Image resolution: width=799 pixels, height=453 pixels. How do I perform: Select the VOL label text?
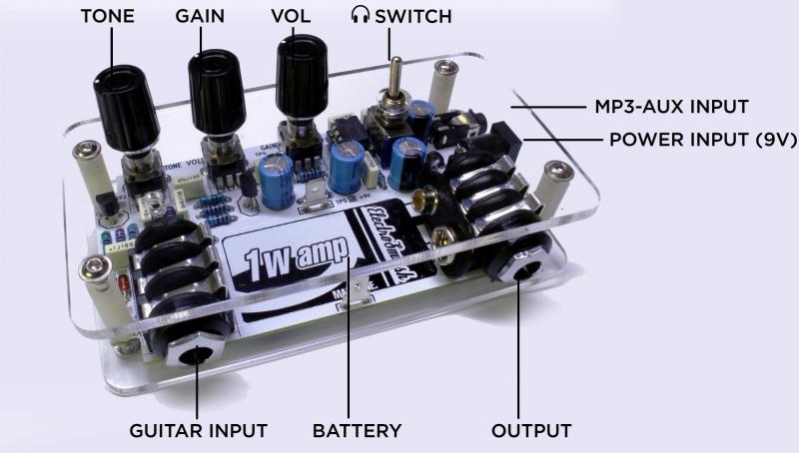pos(292,16)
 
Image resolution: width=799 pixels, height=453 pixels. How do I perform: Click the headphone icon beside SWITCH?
pos(359,16)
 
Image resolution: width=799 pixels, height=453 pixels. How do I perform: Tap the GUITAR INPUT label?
pos(198,431)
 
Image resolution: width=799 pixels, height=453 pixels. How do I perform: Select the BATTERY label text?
pos(357,431)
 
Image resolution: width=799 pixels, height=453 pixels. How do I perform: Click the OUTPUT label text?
pos(531,431)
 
